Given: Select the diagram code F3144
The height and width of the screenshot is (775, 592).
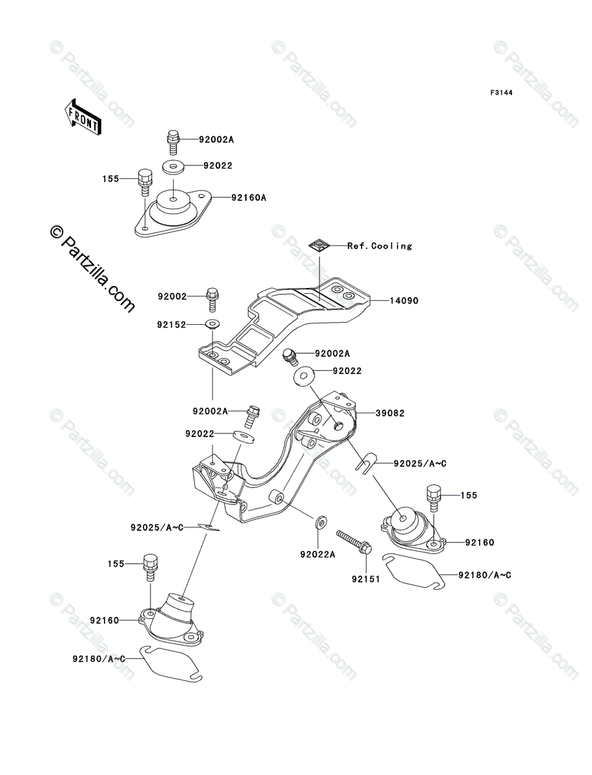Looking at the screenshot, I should (500, 93).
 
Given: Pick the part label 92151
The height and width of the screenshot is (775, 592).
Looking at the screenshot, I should (366, 579).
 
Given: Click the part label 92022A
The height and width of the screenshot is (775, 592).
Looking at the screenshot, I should (318, 553).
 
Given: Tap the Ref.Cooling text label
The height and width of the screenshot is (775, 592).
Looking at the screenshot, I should (379, 245).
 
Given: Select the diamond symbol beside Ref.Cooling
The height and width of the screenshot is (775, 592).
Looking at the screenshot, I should (319, 244).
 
